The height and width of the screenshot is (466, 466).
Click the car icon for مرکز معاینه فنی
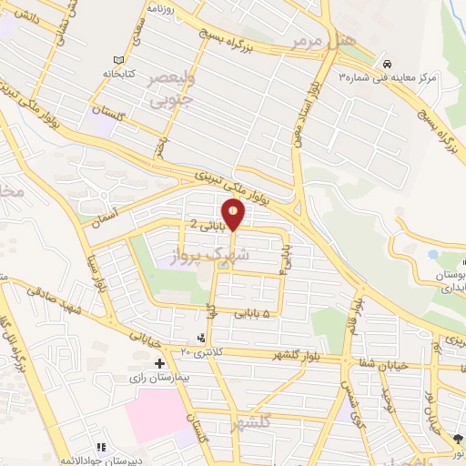[x=389, y=65]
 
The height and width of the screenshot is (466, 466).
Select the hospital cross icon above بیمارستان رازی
[x=160, y=362]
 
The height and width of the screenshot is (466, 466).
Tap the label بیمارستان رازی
[x=163, y=375]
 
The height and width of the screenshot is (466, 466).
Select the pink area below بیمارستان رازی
[x=160, y=414]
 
